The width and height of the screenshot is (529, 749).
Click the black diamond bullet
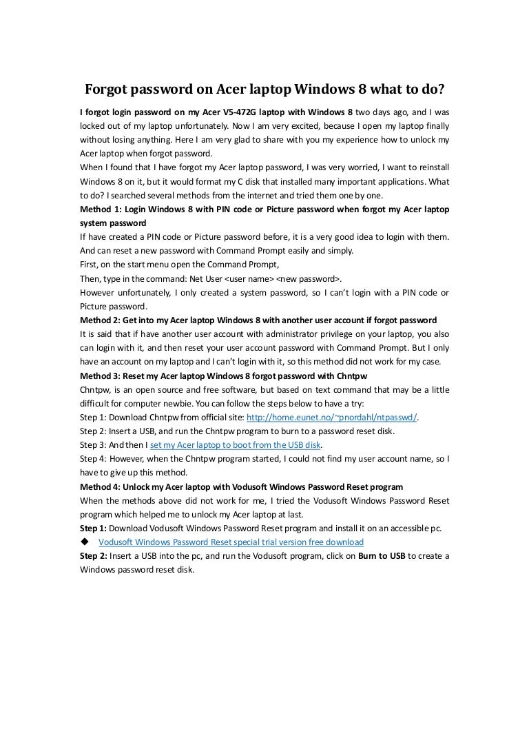tap(85, 542)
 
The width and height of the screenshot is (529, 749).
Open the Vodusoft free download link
tap(231, 542)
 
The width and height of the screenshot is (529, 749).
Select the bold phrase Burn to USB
tap(382, 557)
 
